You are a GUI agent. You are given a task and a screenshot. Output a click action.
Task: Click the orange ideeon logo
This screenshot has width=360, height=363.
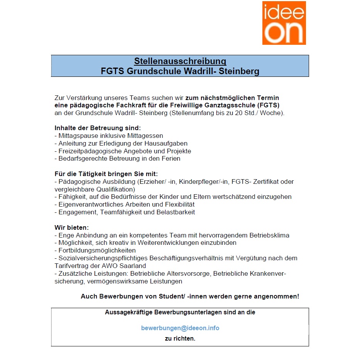pos(284,23)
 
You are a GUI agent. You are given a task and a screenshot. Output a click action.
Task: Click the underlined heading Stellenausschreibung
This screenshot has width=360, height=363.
pos(180,61)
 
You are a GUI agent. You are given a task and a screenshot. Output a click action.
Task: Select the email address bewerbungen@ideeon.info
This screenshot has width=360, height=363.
pos(180,328)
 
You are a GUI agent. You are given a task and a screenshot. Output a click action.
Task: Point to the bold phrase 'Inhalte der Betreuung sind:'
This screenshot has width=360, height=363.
pos(98,128)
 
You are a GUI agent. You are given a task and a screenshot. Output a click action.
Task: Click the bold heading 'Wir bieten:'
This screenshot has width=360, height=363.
pos(72,227)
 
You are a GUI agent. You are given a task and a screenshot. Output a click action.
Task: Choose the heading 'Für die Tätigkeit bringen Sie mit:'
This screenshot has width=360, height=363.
pos(106,174)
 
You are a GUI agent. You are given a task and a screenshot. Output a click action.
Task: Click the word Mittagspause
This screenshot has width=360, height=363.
pos(75,136)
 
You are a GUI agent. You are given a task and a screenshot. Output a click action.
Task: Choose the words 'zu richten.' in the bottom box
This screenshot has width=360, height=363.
pos(180,339)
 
